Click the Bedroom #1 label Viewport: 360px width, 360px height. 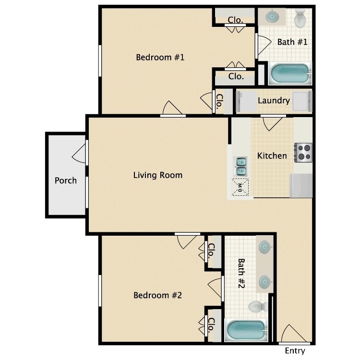160,58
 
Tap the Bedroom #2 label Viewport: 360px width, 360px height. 157,295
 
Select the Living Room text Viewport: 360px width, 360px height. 157,175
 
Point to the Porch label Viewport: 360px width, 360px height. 65,180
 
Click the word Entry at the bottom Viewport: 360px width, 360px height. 295,351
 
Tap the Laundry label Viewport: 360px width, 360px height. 274,101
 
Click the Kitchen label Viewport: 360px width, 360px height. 272,156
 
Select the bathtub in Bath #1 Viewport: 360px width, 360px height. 289,74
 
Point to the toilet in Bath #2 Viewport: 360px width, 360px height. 256,306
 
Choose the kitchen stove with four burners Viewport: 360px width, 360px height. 303,153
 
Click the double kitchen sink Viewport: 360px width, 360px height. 241,166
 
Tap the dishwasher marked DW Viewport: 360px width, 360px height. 241,186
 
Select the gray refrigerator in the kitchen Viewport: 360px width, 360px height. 301,186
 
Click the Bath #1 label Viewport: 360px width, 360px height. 292,42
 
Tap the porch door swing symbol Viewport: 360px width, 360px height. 80,153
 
